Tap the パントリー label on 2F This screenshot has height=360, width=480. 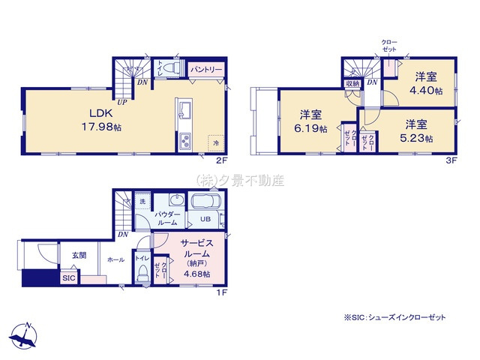[205, 69]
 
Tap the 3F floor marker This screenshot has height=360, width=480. [451, 159]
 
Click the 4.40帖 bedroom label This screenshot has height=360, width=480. [425, 84]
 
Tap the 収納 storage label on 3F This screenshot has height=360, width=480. [352, 83]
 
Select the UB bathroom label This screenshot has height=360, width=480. [204, 220]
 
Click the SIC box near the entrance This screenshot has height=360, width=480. [68, 277]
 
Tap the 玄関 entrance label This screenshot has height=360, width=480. [79, 256]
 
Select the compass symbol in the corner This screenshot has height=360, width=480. [26, 334]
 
